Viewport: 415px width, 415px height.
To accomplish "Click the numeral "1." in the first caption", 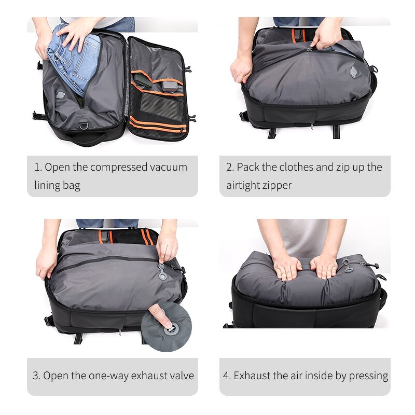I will tap(38, 167).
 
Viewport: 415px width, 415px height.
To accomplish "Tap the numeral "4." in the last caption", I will tap(227, 376).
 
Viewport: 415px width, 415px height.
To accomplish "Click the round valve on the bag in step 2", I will tap(353, 73).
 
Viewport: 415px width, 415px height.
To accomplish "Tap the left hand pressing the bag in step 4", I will tap(287, 266).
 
